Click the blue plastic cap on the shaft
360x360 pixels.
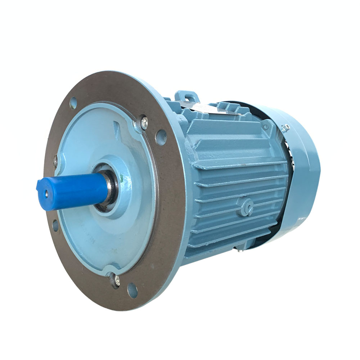tap(72, 191)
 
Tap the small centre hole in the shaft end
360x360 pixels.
tap(46, 193)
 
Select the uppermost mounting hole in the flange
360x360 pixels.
tap(73, 103)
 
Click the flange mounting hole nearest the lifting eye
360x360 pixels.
tap(161, 137)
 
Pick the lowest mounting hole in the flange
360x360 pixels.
tap(132, 290)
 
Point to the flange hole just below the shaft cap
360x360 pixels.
tap(55, 225)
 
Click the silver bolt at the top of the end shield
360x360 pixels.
tap(144, 122)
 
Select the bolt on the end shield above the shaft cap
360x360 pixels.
tap(56, 161)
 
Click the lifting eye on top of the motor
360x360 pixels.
tap(187, 96)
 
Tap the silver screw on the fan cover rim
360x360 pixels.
tap(286, 128)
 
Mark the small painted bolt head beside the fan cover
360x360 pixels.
tap(266, 127)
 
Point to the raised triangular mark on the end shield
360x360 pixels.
tap(116, 127)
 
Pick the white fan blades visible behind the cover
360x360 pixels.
tap(292, 155)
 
